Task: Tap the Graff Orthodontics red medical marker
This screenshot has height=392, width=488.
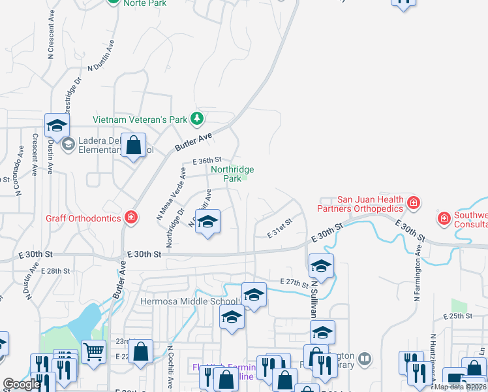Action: (130, 218)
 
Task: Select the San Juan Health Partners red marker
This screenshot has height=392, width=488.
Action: (413, 204)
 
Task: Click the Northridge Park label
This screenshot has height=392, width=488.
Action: (232, 174)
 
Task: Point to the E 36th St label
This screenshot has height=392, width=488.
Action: (207, 160)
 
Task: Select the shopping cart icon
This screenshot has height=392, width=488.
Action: (94, 351)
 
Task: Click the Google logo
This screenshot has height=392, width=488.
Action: (22, 384)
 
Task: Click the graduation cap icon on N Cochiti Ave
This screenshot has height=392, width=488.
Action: (207, 222)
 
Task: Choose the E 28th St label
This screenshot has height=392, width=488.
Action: (55, 270)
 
